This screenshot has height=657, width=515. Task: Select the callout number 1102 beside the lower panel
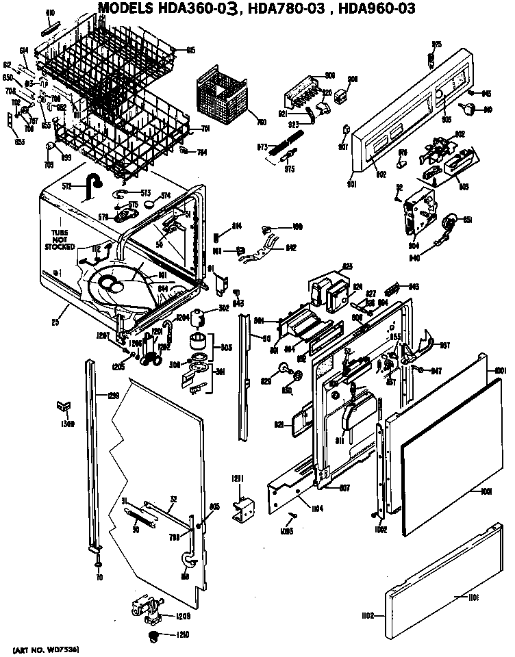368,616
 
